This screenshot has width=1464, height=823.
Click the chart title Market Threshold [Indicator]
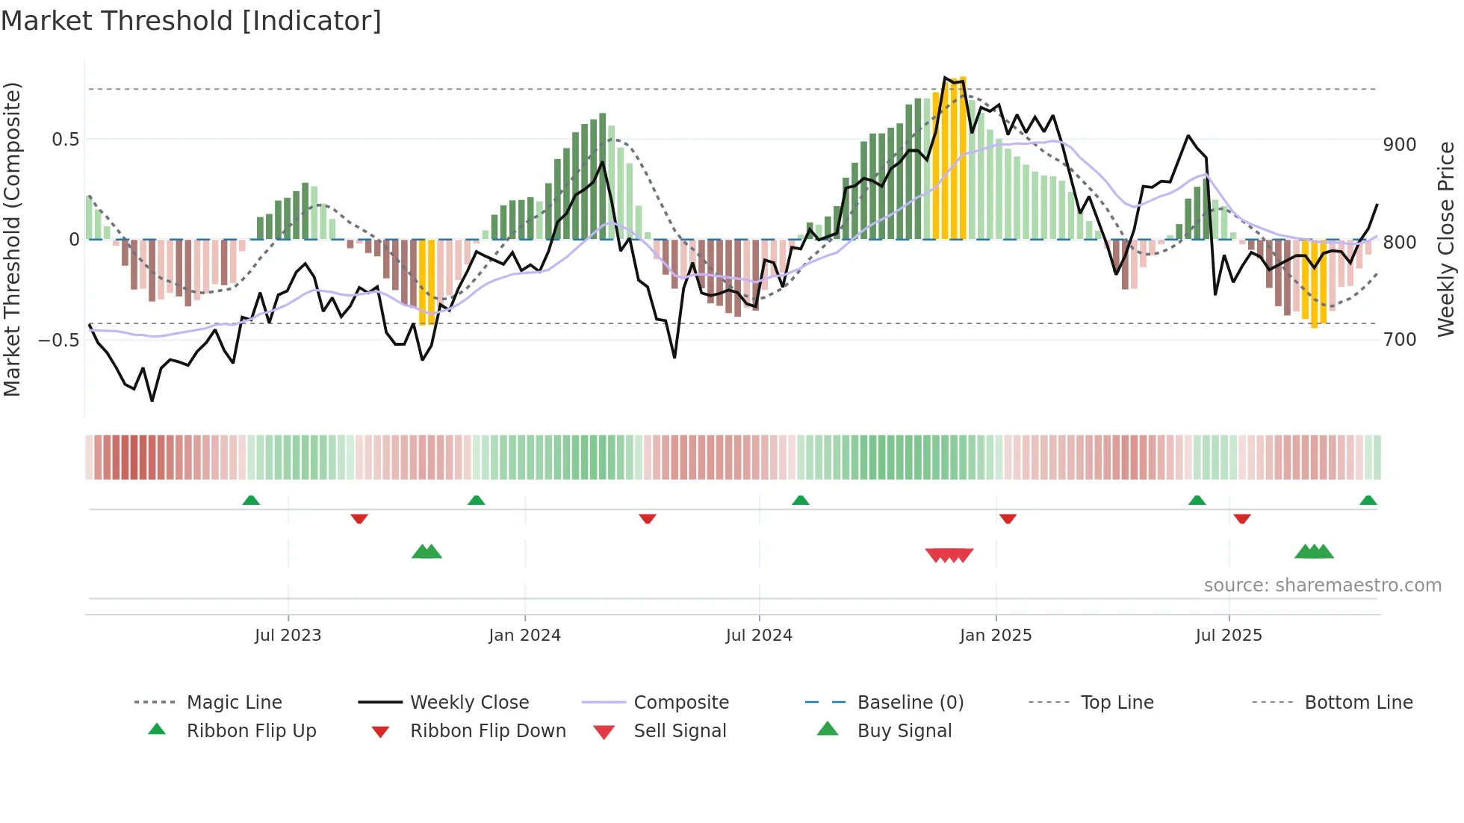coord(191,21)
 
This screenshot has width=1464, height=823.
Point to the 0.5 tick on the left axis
coord(65,140)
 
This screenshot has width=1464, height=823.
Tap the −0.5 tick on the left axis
coord(58,340)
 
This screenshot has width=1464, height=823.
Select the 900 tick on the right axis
coord(1399,145)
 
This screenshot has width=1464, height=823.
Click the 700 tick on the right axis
coord(1399,340)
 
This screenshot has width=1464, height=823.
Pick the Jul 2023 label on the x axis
coord(288,636)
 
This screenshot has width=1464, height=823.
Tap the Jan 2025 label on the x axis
coord(995,636)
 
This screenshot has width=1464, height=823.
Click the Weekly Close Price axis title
coord(1447,239)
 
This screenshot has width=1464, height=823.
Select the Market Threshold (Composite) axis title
coord(13,239)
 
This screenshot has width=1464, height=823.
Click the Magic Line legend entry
coord(234,703)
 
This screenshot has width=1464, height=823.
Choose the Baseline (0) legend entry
coord(910,703)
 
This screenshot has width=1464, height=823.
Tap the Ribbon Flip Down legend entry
coord(487,731)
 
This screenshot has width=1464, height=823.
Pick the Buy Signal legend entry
coord(904,731)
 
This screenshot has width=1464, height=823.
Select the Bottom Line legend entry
coord(1358,703)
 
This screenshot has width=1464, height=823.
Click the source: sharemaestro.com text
coord(1322,586)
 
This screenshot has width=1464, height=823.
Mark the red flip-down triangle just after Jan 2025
coord(1008,518)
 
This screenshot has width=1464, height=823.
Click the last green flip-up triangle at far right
coord(1368,500)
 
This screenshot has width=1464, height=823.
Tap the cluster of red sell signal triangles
coord(949,555)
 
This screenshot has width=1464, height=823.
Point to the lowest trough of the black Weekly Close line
coord(152,400)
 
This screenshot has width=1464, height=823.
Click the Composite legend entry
coord(680,703)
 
